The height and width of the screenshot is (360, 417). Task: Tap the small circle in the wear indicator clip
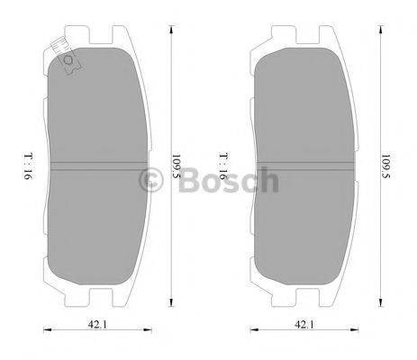click(x=68, y=61)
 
